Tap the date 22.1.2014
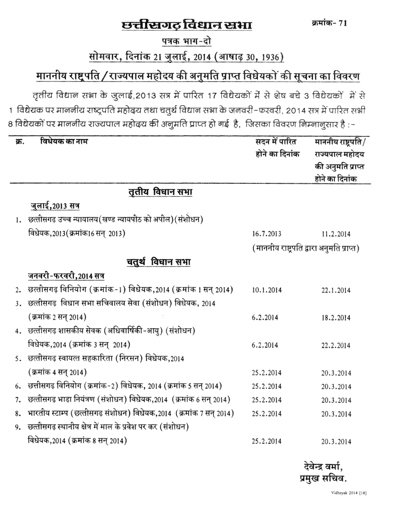tap(335, 290)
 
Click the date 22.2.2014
tap(335, 345)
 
